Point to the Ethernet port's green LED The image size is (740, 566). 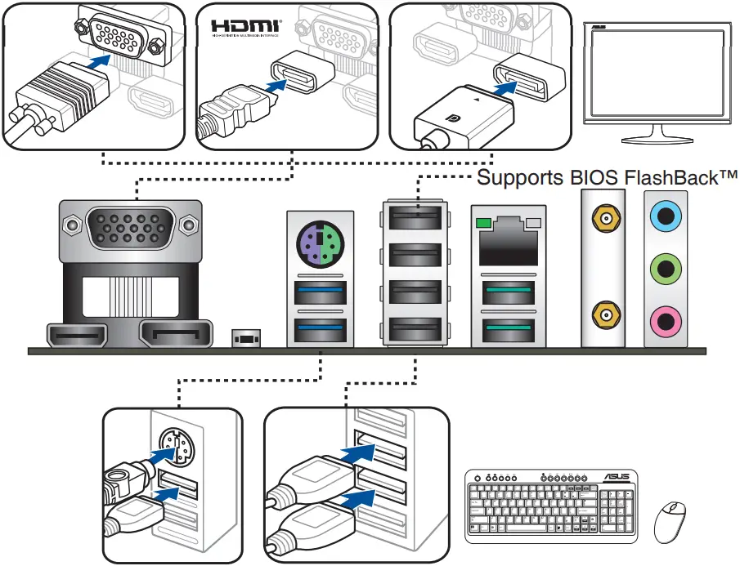pyautogui.click(x=483, y=223)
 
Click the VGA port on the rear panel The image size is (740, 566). pyautogui.click(x=129, y=228)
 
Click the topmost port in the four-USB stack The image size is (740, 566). pyautogui.click(x=415, y=218)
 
